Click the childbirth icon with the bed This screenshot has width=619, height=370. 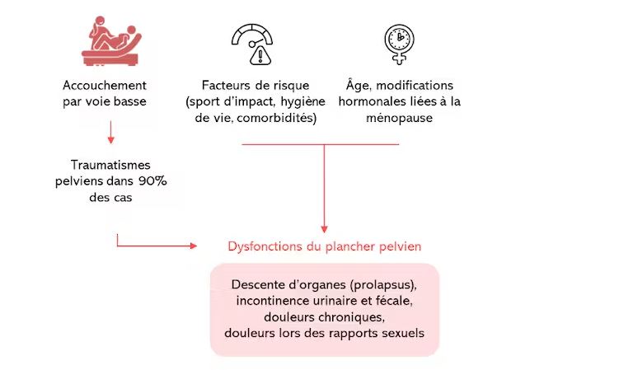tap(111, 40)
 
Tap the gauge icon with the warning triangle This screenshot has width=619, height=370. tap(252, 44)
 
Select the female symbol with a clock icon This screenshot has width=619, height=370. tap(399, 44)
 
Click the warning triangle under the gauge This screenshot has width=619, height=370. tap(260, 55)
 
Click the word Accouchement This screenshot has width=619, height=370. tap(105, 86)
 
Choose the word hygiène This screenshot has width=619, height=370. tap(302, 102)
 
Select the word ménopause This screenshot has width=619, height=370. tap(399, 118)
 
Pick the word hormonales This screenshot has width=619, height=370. tap(368, 102)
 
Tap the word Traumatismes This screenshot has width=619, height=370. tap(110, 165)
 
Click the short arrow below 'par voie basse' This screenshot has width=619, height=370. tap(111, 133)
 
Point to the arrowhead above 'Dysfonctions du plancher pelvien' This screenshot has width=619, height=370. tap(324, 229)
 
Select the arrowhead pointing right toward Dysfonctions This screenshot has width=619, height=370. tap(194, 246)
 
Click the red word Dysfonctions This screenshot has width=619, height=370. tap(265, 246)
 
